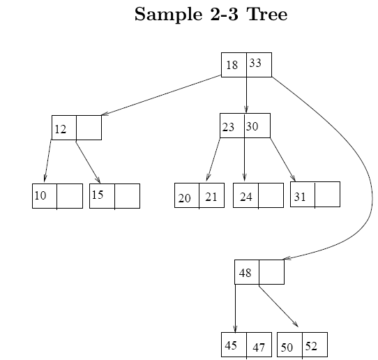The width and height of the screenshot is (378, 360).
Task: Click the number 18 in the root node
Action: pos(232,65)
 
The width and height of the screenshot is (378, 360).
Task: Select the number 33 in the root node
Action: pos(255,63)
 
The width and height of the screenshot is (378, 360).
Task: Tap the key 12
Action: pos(61,130)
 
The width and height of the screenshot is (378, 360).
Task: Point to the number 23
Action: pos(228,127)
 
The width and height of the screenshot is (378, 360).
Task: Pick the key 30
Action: pos(252,126)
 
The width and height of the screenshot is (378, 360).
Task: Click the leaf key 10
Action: pos(40,195)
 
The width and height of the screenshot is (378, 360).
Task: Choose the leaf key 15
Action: pos(98,195)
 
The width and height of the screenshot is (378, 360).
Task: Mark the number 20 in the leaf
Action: pos(184,198)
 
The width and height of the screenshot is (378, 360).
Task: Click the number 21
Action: pos(211,197)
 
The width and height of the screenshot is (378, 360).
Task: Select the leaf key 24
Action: pos(246,197)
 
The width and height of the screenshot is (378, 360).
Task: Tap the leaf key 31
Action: pos(300,197)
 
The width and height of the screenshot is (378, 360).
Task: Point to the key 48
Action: pos(245,273)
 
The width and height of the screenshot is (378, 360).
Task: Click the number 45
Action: pos(231,345)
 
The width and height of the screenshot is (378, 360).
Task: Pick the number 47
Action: pos(259,347)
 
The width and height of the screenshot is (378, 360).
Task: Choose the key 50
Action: pos(287,347)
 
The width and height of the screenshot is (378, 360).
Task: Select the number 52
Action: pos(311,346)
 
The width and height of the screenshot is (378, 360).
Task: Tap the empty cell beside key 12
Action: pos(89,128)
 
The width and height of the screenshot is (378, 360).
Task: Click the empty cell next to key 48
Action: pos(272,272)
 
